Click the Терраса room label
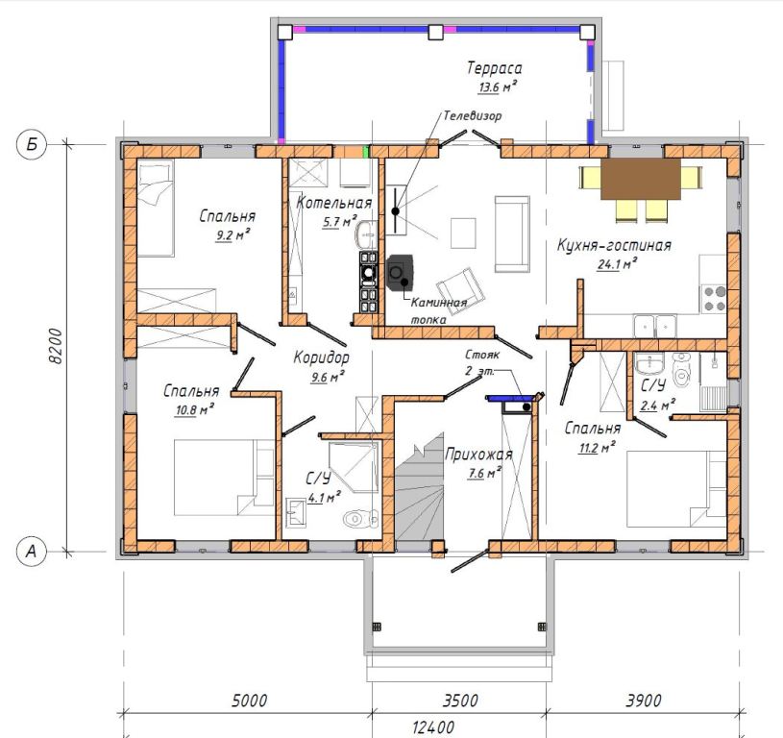coord(495,68)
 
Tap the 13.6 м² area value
coord(498,86)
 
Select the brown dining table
coord(641,179)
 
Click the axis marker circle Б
coord(32,145)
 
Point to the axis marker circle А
coord(32,552)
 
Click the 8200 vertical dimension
coord(57,346)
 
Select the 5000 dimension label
coord(249,701)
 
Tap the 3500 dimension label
coord(460,701)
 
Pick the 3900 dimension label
coord(644,701)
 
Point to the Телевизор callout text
coord(473,116)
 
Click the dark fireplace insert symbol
coord(400,273)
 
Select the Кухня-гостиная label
coord(614,245)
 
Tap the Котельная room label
coord(334,202)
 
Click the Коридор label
coord(321,357)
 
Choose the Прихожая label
coord(478,454)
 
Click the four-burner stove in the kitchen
coord(714,299)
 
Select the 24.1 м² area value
coord(617,263)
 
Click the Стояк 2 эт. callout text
coord(481,362)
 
